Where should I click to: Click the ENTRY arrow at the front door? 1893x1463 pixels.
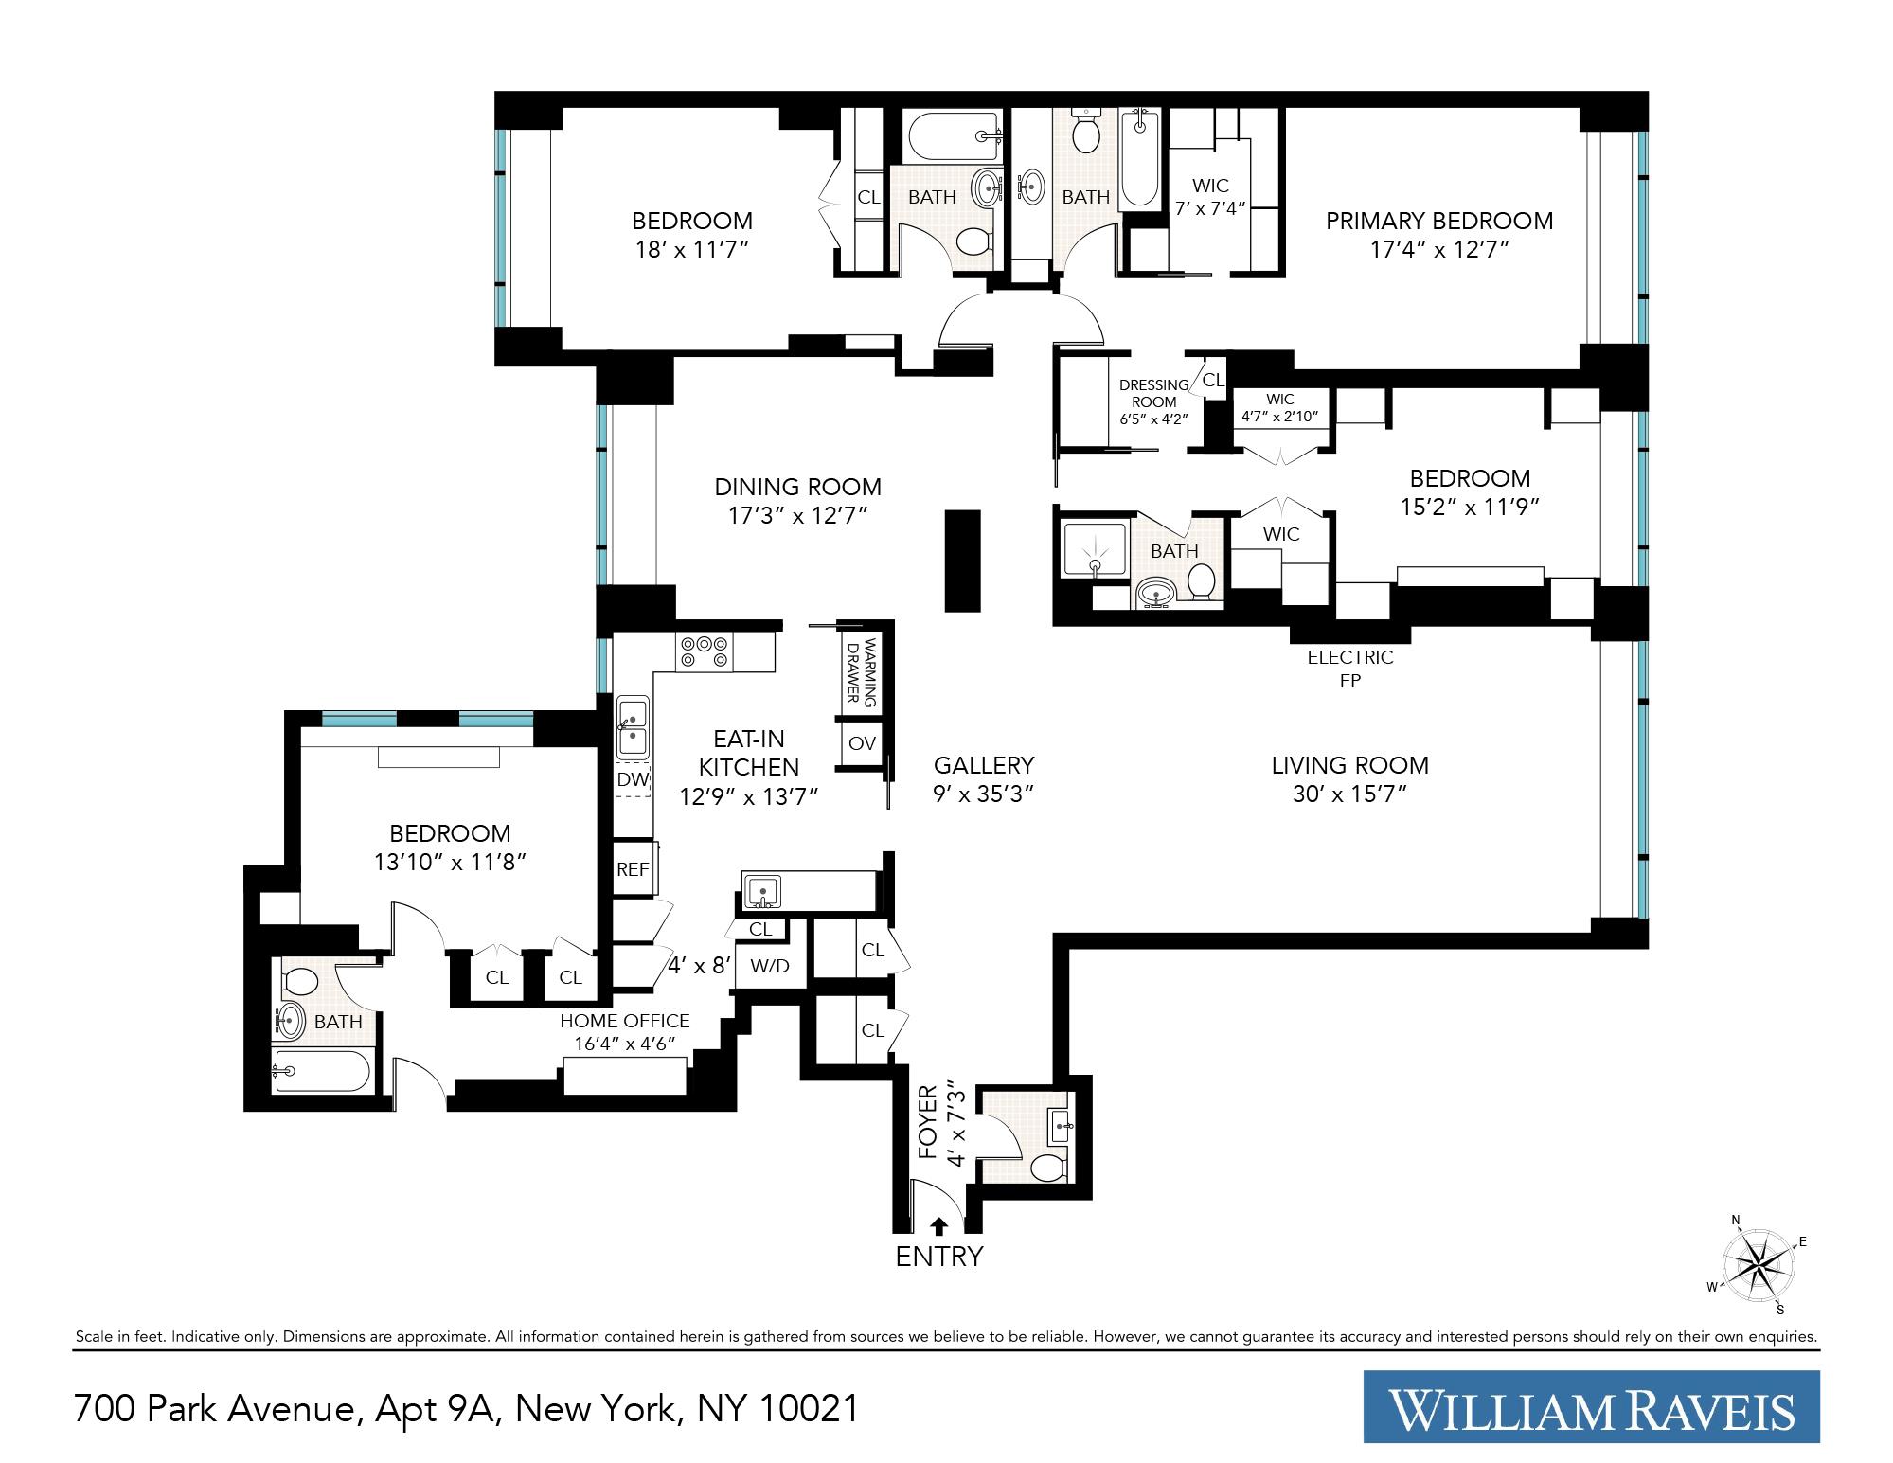(938, 1226)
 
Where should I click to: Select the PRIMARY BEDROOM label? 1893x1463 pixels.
(1438, 221)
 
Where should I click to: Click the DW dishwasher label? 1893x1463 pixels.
(632, 780)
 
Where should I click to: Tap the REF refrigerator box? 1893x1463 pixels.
(633, 867)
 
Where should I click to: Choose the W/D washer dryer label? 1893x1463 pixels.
(769, 967)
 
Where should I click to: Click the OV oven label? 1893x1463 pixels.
(862, 743)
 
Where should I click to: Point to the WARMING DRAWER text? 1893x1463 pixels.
(863, 673)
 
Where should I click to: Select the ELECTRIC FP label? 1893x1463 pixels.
(1349, 668)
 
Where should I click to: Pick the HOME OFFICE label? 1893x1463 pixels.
(624, 1022)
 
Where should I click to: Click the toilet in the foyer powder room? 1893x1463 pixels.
(1046, 1167)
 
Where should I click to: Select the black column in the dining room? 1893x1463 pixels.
(962, 561)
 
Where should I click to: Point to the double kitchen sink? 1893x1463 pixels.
(633, 725)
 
